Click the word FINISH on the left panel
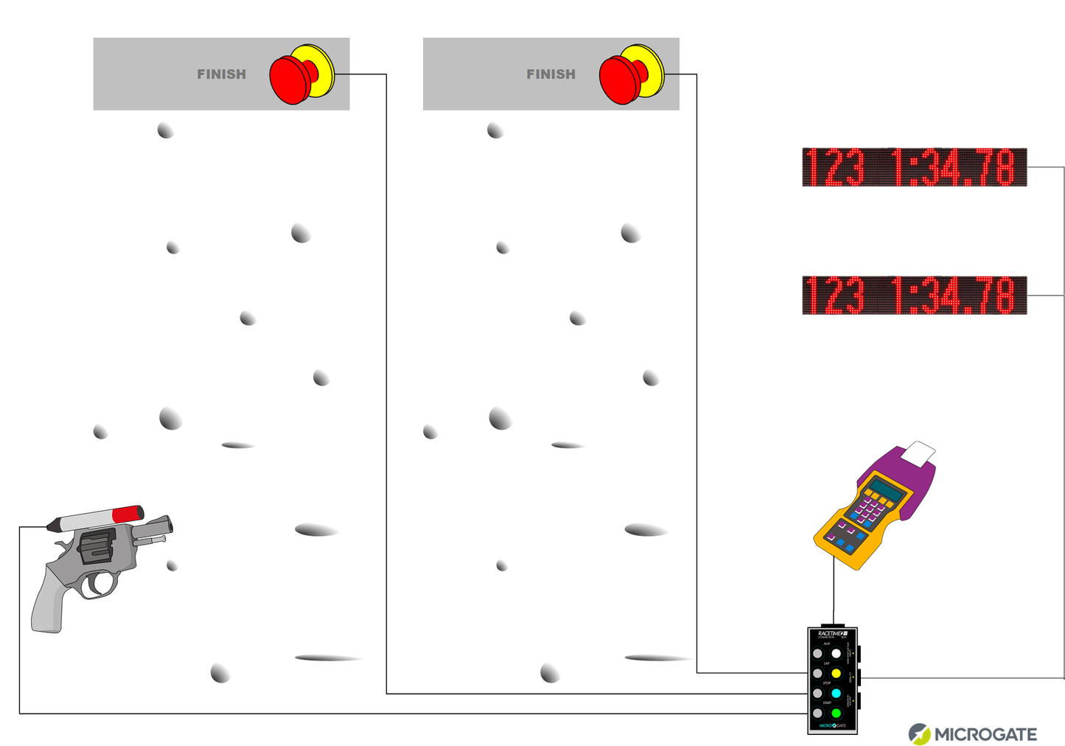pyautogui.click(x=221, y=74)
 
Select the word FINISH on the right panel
pyautogui.click(x=551, y=74)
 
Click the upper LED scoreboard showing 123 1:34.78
pyautogui.click(x=914, y=167)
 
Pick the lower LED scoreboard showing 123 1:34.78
pyautogui.click(x=914, y=295)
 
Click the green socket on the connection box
pyautogui.click(x=836, y=713)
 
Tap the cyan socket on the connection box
pyautogui.click(x=836, y=693)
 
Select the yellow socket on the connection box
pyautogui.click(x=836, y=673)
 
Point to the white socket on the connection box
pyautogui.click(x=836, y=653)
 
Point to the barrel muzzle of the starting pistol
pyautogui.click(x=169, y=525)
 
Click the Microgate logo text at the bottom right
pyautogui.click(x=985, y=734)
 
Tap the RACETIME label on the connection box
pyautogui.click(x=831, y=633)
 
